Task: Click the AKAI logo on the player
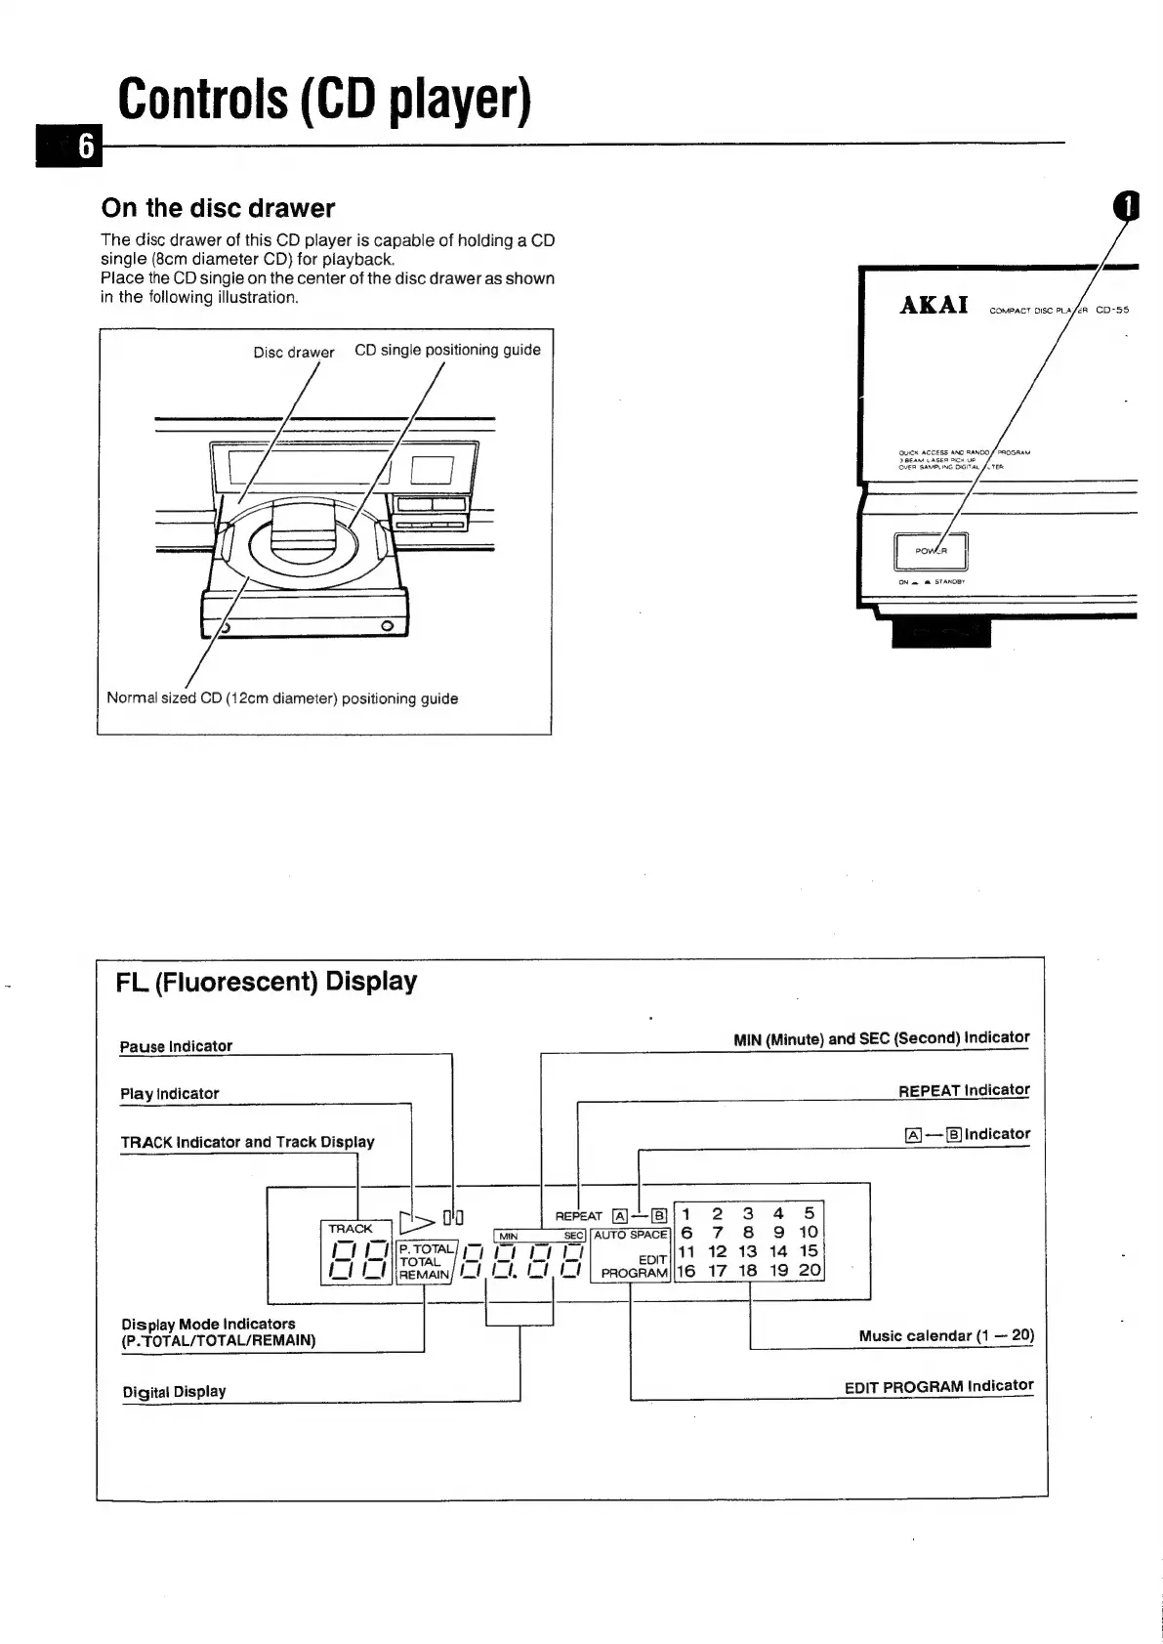[x=934, y=305]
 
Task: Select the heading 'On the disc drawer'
[x=218, y=208]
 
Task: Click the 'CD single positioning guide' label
[x=447, y=350]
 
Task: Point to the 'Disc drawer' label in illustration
[x=293, y=353]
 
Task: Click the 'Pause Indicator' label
[x=176, y=1046]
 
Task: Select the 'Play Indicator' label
[x=169, y=1094]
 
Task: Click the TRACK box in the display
[x=351, y=1229]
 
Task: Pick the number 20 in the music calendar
[x=810, y=1271]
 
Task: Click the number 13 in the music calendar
[x=748, y=1251]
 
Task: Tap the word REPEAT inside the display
[x=578, y=1217]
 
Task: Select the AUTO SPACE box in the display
[x=630, y=1235]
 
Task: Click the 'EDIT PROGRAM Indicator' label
[x=938, y=1386]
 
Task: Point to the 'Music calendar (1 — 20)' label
[x=945, y=1335]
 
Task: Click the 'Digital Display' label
[x=174, y=1391]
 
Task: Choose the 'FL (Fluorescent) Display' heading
[x=267, y=982]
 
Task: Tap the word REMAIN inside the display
[x=424, y=1275]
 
